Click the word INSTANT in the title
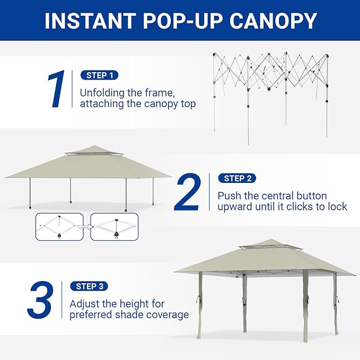(x=90, y=21)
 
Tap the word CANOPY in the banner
(x=273, y=21)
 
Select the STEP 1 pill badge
(x=100, y=75)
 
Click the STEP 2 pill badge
(x=237, y=178)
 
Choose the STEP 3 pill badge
(x=89, y=286)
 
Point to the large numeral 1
(x=56, y=89)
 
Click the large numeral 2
(x=187, y=192)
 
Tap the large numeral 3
(x=40, y=300)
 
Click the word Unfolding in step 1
(x=102, y=93)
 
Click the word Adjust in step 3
(x=85, y=304)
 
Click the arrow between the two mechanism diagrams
(x=87, y=227)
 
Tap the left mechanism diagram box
(x=59, y=227)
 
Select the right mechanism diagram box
(x=115, y=227)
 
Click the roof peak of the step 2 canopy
(x=94, y=145)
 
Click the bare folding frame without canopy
(x=271, y=96)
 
